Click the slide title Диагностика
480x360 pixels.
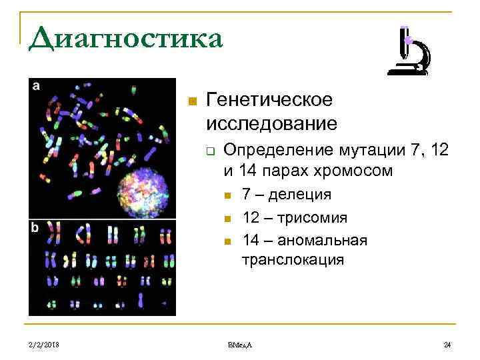tap(125, 38)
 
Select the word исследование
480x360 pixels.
tap(271, 123)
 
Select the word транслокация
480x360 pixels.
tap(293, 260)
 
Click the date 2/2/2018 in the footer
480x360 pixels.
tap(45, 344)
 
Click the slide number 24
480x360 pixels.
tap(447, 344)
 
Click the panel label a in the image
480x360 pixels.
tap(35, 85)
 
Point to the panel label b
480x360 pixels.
tap(35, 227)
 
